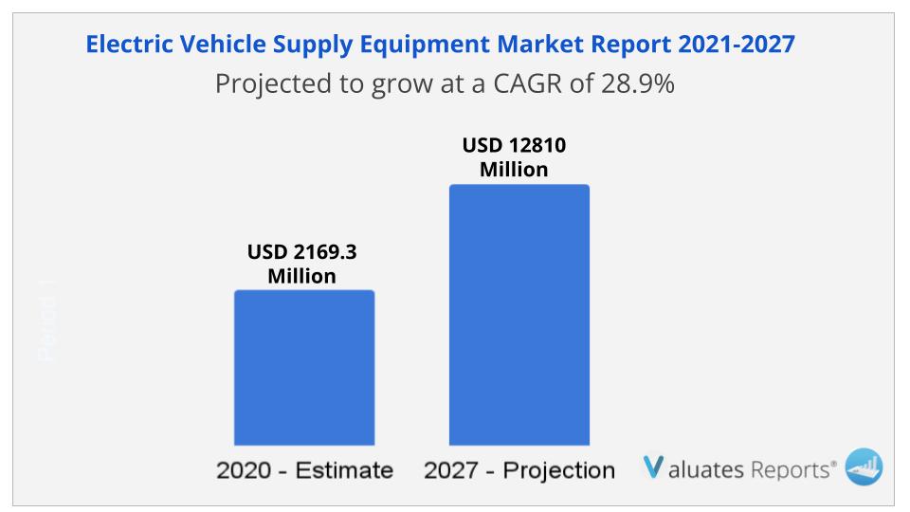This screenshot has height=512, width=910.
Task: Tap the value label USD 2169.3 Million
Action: coord(302,265)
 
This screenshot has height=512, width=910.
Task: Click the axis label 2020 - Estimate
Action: coord(304,470)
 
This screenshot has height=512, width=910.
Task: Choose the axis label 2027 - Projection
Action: coord(519,470)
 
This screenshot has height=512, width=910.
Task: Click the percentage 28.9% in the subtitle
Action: coord(637,83)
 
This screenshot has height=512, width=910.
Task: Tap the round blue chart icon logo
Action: coord(863,466)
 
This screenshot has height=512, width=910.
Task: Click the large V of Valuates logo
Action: coord(653,467)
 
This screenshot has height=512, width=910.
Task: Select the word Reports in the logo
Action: coord(792,468)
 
